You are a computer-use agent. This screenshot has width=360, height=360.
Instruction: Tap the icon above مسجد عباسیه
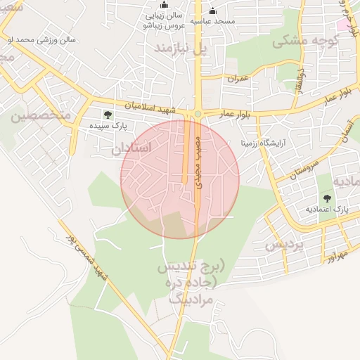tap(213, 11)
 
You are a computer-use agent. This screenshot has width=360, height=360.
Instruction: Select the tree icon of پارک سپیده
tap(107, 115)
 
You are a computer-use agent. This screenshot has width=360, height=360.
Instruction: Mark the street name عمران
tap(238, 78)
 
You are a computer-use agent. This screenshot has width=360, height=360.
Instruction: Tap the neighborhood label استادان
tap(131, 148)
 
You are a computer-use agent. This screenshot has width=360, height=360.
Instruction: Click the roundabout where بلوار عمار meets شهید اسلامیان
tap(198, 114)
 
